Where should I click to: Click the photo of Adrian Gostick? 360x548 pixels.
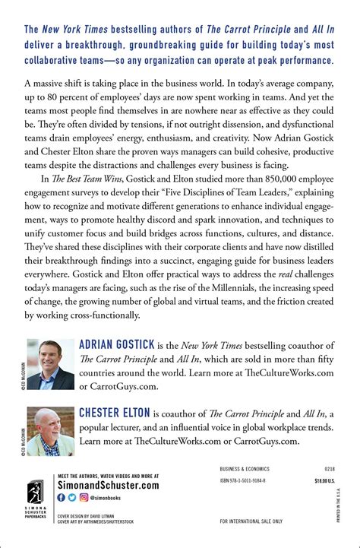click(50, 363)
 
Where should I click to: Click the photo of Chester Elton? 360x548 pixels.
click(50, 429)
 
